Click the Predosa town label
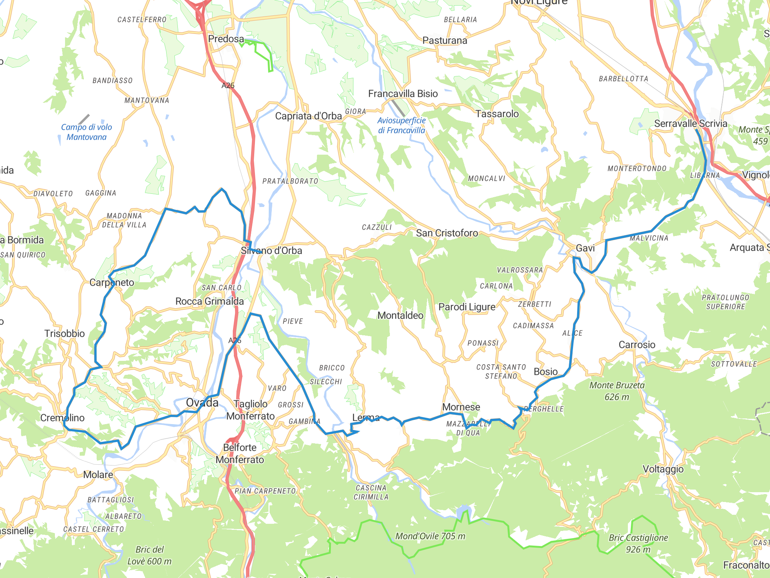pyautogui.click(x=226, y=39)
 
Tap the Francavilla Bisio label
pyautogui.click(x=403, y=94)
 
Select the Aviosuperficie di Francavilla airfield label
pyautogui.click(x=401, y=125)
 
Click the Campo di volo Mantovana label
pyautogui.click(x=86, y=132)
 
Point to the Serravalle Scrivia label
pyautogui.click(x=690, y=123)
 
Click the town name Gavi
pyautogui.click(x=585, y=248)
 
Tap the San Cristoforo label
pyautogui.click(x=447, y=233)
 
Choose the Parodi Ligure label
pyautogui.click(x=467, y=307)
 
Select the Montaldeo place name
pyautogui.click(x=400, y=315)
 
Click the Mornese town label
pyautogui.click(x=461, y=407)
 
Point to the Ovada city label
pyautogui.click(x=202, y=403)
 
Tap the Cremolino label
pyautogui.click(x=62, y=418)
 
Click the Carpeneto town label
pyautogui.click(x=112, y=283)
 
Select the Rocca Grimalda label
pyautogui.click(x=209, y=301)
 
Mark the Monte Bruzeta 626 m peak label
pyautogui.click(x=617, y=391)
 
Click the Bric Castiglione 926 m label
pyautogui.click(x=638, y=543)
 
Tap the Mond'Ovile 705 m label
pyautogui.click(x=430, y=536)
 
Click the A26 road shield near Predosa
pyautogui.click(x=228, y=85)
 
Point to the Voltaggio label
pyautogui.click(x=663, y=469)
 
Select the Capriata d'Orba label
pyautogui.click(x=308, y=116)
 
